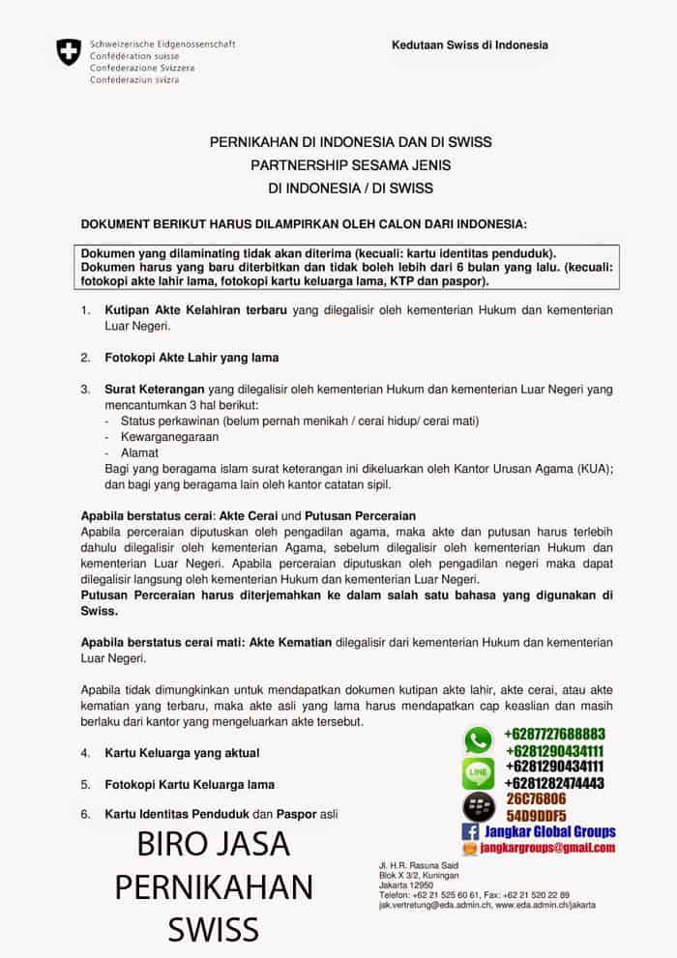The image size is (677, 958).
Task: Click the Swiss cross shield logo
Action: tap(69, 52)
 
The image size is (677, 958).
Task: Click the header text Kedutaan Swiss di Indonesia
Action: tap(469, 44)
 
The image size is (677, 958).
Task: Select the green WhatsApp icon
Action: tap(479, 740)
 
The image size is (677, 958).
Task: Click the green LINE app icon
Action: tap(479, 772)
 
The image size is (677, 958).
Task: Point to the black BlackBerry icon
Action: tap(479, 805)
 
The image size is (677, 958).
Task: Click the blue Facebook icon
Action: tap(470, 831)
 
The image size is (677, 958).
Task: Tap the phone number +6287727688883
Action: tap(554, 734)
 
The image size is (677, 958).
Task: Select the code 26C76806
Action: tap(536, 799)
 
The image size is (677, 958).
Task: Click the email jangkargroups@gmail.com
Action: tap(547, 848)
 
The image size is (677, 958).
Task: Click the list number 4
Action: tap(85, 752)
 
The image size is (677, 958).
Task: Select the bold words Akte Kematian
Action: tap(291, 642)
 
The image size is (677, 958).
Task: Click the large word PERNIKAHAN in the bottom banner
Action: tap(214, 886)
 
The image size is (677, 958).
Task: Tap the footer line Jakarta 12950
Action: tap(405, 885)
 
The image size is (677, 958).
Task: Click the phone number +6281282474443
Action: tap(554, 783)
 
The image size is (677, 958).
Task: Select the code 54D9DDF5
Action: tap(536, 816)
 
